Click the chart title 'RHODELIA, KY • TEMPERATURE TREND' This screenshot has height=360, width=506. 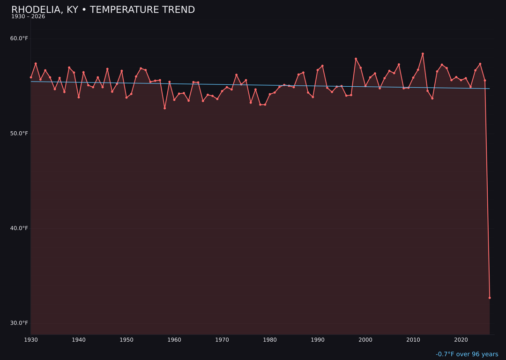[x=103, y=10]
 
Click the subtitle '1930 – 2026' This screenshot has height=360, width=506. [x=28, y=17]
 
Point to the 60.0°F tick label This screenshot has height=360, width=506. [x=19, y=38]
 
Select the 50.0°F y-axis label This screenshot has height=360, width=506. [x=19, y=134]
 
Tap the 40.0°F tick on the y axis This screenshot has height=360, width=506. [x=19, y=228]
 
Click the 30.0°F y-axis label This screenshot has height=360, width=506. [x=19, y=323]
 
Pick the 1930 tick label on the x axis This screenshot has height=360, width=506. [x=31, y=340]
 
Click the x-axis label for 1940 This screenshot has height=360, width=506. [x=79, y=340]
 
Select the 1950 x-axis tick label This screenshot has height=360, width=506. [x=126, y=340]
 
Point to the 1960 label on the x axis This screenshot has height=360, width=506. [x=174, y=340]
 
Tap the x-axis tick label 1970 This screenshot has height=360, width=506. [x=222, y=340]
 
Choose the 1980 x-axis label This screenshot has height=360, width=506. [x=270, y=340]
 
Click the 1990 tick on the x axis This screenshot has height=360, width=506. [x=318, y=340]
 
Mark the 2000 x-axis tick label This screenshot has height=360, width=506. [x=365, y=340]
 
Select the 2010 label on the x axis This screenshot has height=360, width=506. [x=413, y=340]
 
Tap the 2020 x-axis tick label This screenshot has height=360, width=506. [x=461, y=340]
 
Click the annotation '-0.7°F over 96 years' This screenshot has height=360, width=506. [x=467, y=354]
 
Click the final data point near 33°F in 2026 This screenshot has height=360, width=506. [x=490, y=298]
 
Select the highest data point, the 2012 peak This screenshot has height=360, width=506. [x=423, y=54]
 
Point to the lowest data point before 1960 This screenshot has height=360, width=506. [x=164, y=108]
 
